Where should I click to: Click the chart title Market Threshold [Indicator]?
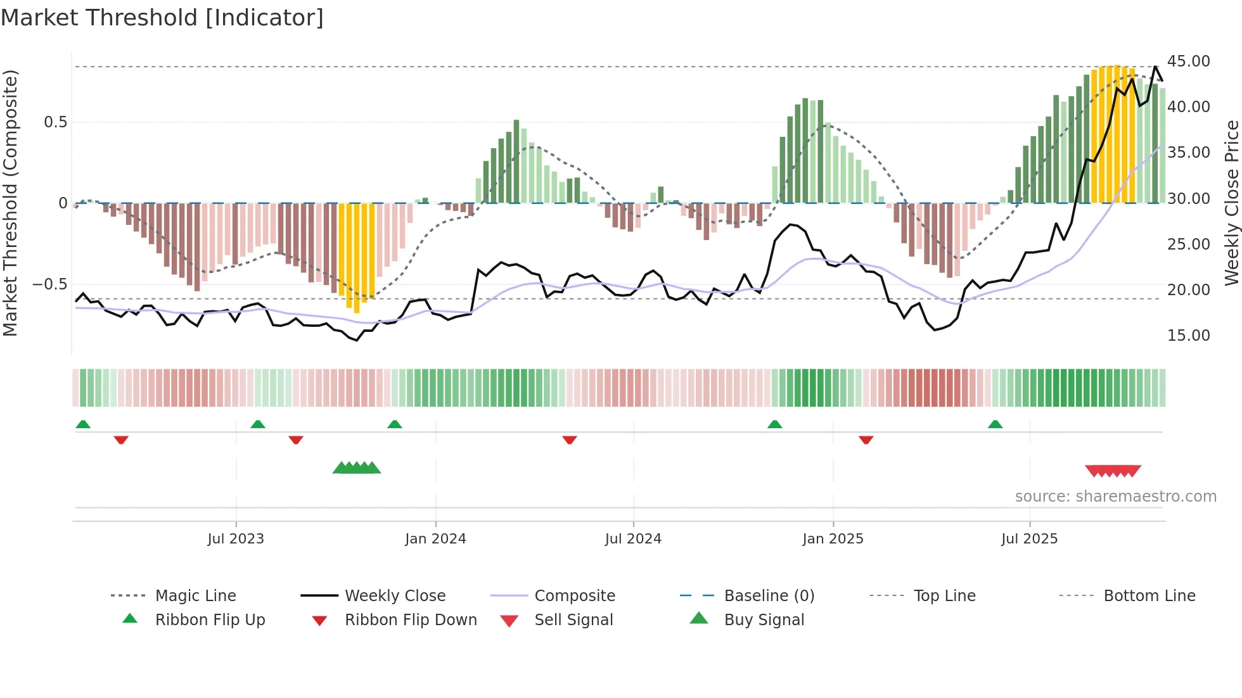pyautogui.click(x=162, y=18)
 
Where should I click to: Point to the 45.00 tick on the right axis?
pyautogui.click(x=1188, y=61)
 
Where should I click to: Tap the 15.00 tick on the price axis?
pyautogui.click(x=1188, y=336)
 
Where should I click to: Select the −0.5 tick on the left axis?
pyautogui.click(x=50, y=284)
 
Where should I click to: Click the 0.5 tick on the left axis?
pyautogui.click(x=55, y=122)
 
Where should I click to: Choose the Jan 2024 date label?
pyautogui.click(x=435, y=539)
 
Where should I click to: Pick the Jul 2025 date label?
pyautogui.click(x=1029, y=539)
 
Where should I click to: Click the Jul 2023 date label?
pyautogui.click(x=236, y=539)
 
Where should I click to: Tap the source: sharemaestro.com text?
pyautogui.click(x=1115, y=497)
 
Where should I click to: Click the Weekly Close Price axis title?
pyautogui.click(x=1231, y=203)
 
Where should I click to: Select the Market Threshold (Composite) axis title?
pyautogui.click(x=10, y=203)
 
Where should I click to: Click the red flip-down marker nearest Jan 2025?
pyautogui.click(x=866, y=440)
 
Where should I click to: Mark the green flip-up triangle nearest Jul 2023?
pyautogui.click(x=257, y=424)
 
